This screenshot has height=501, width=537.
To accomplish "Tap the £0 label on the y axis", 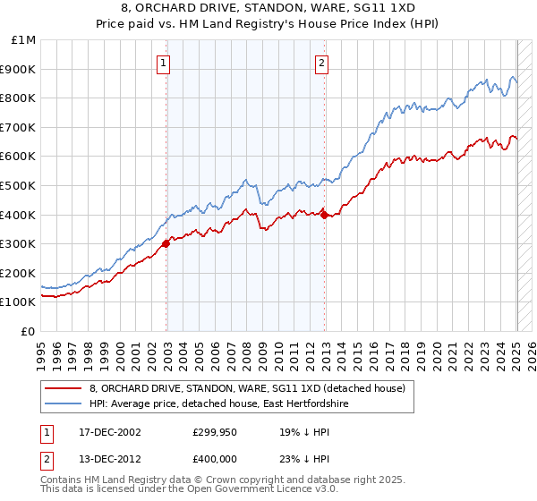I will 29,331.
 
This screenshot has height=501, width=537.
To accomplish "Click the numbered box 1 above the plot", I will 166,63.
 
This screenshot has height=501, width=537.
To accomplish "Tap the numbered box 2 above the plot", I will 321,63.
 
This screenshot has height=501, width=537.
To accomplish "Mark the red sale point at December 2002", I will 166,243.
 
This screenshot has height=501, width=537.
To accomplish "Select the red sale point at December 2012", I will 324,214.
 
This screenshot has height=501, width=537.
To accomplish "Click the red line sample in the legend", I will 63,388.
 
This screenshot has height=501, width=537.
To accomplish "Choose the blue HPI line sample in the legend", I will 63,404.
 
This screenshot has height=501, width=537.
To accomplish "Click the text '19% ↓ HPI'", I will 304,431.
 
